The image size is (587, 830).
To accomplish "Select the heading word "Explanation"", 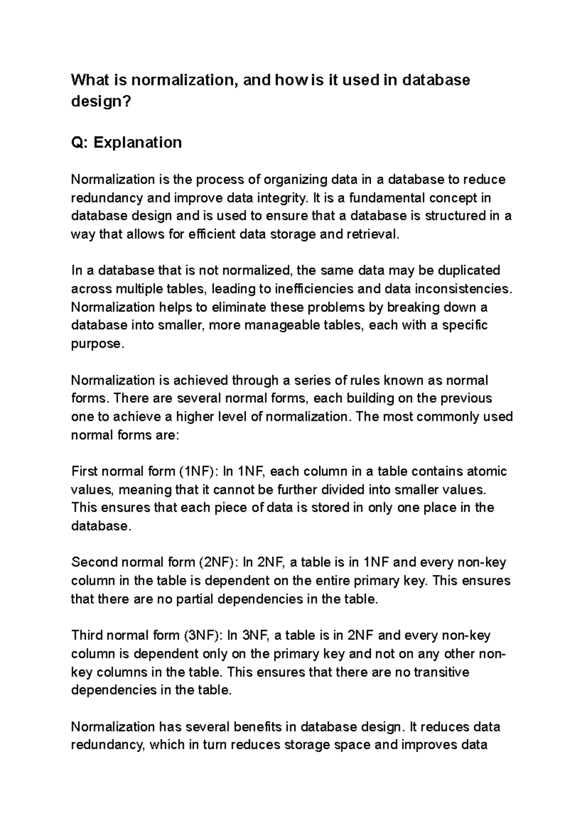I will click(138, 142).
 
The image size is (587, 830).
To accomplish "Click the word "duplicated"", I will click(469, 270).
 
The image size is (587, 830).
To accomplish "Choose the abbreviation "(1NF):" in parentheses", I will click(199, 471).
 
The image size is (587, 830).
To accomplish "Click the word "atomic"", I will click(486, 471).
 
